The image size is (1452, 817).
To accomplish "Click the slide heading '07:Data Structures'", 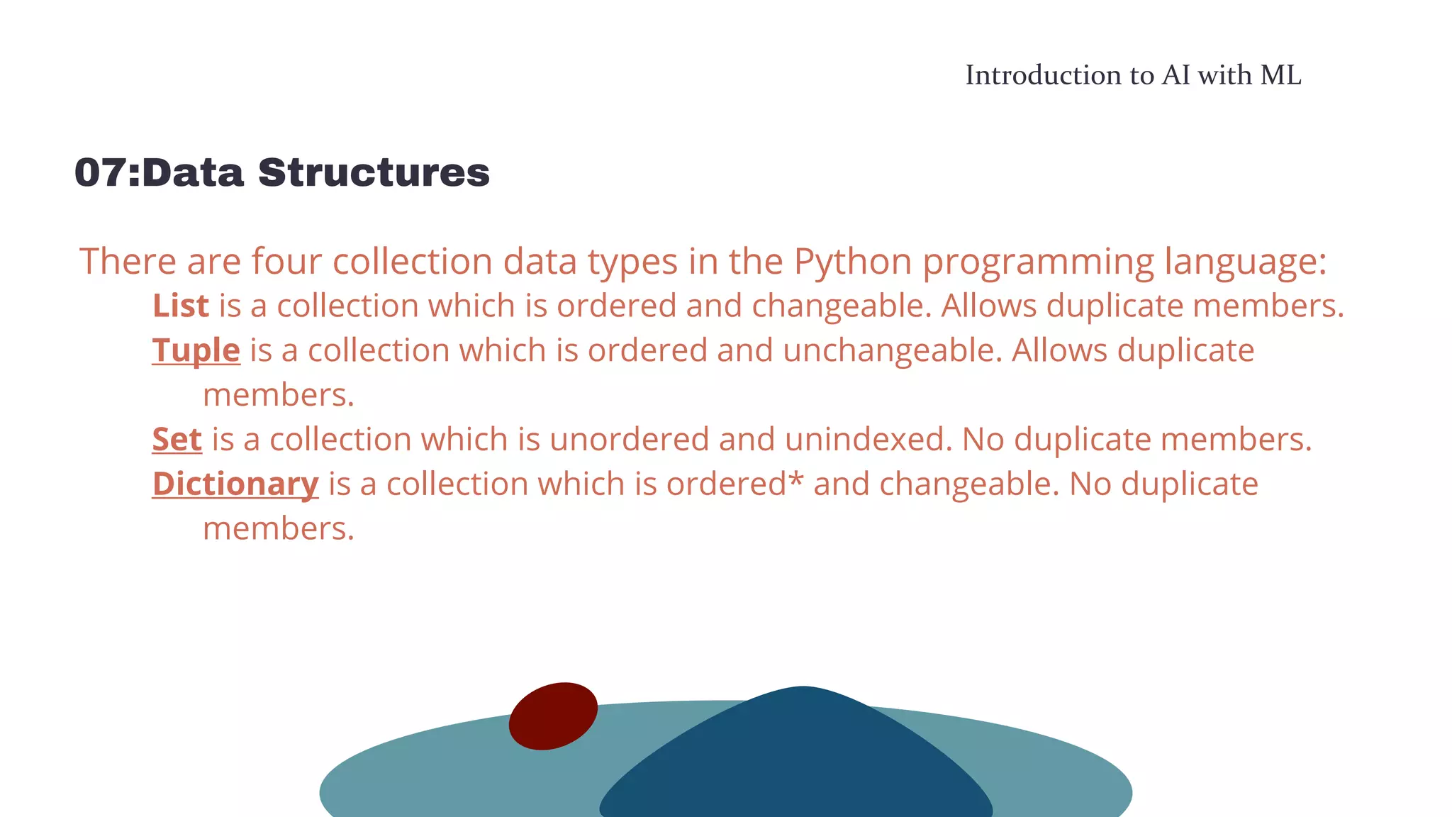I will [x=281, y=173].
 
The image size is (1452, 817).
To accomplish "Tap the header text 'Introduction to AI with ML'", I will [x=1133, y=75].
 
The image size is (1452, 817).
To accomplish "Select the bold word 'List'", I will [x=181, y=306].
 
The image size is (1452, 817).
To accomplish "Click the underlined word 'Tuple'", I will [x=196, y=350].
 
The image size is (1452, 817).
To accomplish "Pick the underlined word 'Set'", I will [x=177, y=440].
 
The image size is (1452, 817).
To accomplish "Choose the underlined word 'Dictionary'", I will [x=235, y=484].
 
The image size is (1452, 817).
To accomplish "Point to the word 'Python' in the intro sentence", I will [x=852, y=262].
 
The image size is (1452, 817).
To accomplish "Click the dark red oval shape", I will [x=553, y=716].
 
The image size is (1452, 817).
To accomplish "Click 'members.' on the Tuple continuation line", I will [x=279, y=395].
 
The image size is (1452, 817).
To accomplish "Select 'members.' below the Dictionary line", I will [x=279, y=529].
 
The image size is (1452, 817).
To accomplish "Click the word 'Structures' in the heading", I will [x=374, y=173].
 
